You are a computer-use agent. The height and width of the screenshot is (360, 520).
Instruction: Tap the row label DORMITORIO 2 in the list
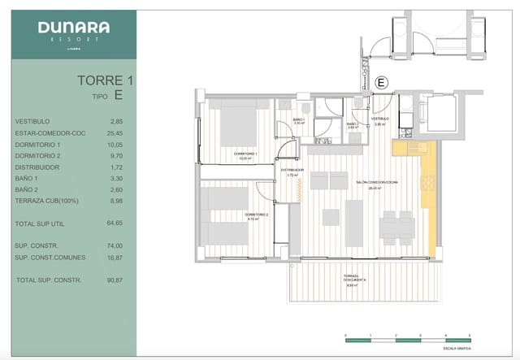click(37, 156)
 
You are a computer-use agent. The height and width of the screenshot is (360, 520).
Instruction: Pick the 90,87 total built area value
click(115, 280)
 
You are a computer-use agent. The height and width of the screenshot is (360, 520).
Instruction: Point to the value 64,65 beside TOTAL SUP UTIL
click(115, 222)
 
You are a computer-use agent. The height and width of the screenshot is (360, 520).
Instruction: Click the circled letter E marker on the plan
click(381, 81)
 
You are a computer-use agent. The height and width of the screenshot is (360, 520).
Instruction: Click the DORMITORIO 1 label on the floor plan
click(245, 155)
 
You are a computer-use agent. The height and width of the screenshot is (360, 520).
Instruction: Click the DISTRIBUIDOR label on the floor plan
click(292, 171)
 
